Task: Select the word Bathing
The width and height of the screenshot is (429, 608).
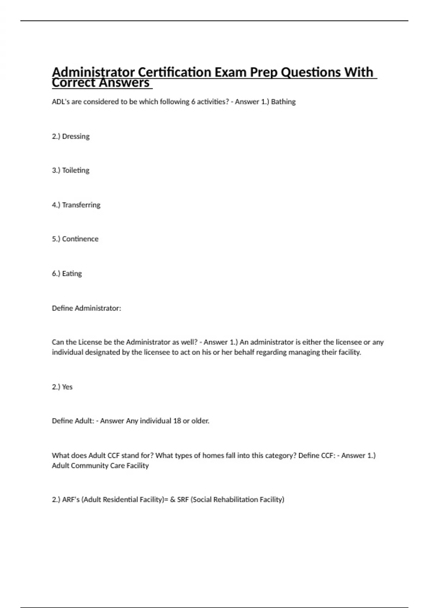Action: click(283, 102)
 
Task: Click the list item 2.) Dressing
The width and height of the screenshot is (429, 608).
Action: click(71, 136)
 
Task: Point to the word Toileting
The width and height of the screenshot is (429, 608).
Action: click(75, 170)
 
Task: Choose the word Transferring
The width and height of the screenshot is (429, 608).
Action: click(81, 205)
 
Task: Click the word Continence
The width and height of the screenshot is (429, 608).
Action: click(80, 239)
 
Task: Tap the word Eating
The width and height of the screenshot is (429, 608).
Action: click(72, 274)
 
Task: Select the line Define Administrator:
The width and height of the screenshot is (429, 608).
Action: click(87, 308)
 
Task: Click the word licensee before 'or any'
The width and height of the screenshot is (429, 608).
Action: click(349, 342)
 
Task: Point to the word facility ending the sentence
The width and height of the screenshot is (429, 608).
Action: click(350, 352)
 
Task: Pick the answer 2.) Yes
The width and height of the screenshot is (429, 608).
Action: click(62, 387)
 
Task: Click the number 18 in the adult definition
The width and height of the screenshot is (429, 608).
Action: click(177, 421)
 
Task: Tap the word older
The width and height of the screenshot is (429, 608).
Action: click(200, 421)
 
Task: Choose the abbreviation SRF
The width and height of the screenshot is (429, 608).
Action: click(183, 500)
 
